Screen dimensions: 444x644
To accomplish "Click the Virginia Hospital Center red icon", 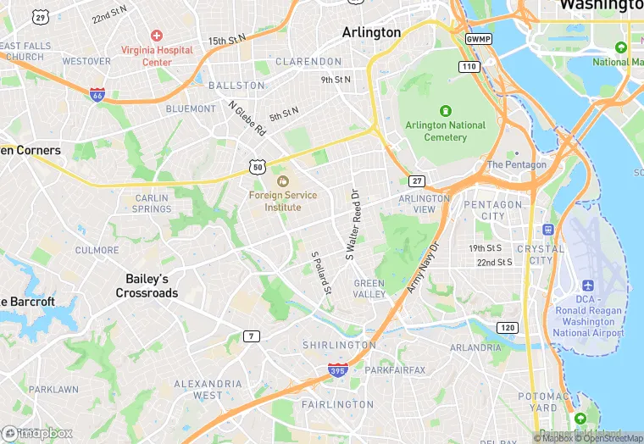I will pyautogui.click(x=156, y=36).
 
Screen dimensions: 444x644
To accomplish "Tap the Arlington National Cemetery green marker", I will pyautogui.click(x=446, y=111).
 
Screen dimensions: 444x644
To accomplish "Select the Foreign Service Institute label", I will pyautogui.click(x=283, y=201).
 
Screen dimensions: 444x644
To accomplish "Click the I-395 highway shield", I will pyautogui.click(x=337, y=369).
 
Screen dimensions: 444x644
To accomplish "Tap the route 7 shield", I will pyautogui.click(x=251, y=336).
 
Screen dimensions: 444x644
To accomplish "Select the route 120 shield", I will pyautogui.click(x=507, y=327).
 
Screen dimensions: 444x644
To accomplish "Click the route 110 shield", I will pyautogui.click(x=469, y=66).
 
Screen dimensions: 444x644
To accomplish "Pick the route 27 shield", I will pyautogui.click(x=416, y=181).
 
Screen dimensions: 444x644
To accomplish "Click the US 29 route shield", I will pyautogui.click(x=40, y=17).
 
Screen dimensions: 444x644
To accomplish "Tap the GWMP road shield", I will pyautogui.click(x=478, y=39).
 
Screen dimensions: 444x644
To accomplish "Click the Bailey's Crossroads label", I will pyautogui.click(x=147, y=286).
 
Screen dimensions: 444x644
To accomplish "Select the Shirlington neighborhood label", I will pyautogui.click(x=339, y=345).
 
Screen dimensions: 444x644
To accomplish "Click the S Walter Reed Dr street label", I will pyautogui.click(x=352, y=224).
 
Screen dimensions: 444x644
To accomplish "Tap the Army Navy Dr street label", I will pyautogui.click(x=424, y=269).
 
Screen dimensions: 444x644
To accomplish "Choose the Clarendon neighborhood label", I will pyautogui.click(x=308, y=62).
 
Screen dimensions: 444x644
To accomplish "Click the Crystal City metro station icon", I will pyautogui.click(x=548, y=229).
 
